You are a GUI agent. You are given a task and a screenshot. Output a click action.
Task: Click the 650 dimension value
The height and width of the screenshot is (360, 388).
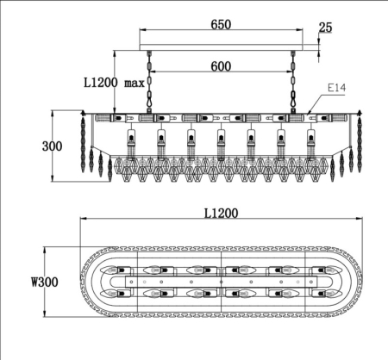coord(221,24)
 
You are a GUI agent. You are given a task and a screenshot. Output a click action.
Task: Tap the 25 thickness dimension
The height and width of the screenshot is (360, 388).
coord(325,28)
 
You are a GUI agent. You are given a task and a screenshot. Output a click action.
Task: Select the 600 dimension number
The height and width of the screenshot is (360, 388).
coord(221,66)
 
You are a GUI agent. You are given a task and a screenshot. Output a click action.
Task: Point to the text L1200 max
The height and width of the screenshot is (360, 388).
coord(114,83)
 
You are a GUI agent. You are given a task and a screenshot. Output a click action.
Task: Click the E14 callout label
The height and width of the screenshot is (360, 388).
coord(336,88)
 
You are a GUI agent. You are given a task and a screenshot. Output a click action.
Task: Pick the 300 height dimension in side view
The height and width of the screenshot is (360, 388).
coord(52,146)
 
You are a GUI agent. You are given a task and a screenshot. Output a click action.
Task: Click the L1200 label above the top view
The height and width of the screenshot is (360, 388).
coord(221,214)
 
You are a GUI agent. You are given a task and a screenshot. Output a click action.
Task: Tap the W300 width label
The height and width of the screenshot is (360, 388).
coord(45,282)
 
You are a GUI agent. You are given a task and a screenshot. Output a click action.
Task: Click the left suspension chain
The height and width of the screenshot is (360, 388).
coord(149,82)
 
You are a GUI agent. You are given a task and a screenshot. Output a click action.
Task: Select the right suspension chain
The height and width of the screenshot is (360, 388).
coord(293,82)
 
